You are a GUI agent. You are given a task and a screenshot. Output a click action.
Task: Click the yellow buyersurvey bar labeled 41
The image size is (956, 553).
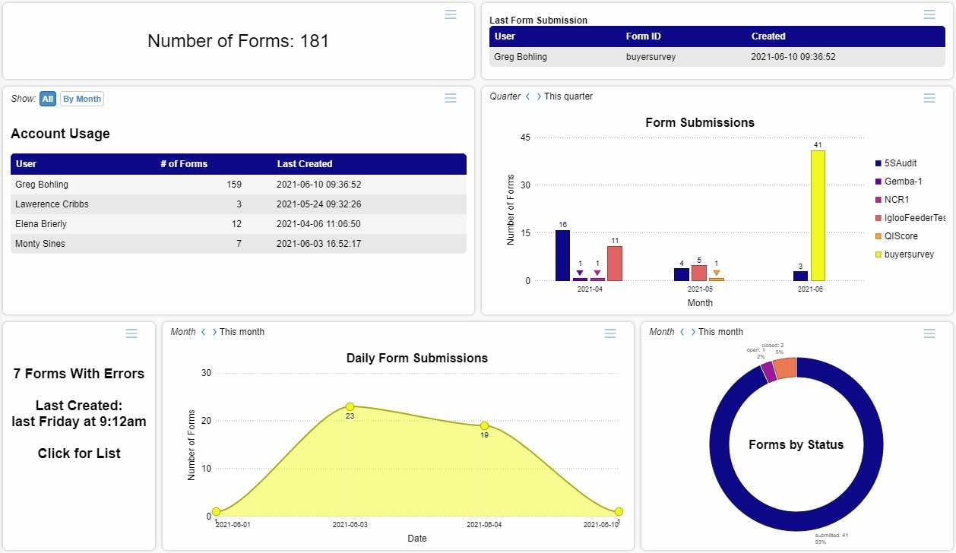tap(818, 216)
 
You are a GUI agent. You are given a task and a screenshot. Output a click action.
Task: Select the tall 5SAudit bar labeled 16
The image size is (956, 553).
tap(562, 255)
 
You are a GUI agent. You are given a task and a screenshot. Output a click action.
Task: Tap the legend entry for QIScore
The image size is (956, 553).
tap(901, 236)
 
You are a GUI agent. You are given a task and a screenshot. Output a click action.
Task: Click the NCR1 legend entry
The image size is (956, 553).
tap(897, 200)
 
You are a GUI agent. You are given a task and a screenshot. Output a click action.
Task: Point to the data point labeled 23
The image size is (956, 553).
tap(350, 407)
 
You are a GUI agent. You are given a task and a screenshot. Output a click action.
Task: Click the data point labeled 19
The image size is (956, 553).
tap(484, 426)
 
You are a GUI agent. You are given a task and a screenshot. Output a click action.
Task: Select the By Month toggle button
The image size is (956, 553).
tap(81, 99)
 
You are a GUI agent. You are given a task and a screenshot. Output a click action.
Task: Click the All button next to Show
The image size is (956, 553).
tap(48, 99)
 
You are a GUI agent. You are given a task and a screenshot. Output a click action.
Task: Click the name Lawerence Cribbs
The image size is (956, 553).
tap(52, 204)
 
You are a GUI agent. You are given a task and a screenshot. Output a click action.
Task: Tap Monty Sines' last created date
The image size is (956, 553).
tap(318, 244)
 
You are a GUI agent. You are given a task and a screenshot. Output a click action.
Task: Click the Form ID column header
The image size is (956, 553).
tap(642, 36)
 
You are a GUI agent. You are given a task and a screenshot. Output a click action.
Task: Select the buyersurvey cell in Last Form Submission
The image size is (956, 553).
tap(651, 57)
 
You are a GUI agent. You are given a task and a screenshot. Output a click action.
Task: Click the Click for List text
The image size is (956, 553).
tap(79, 453)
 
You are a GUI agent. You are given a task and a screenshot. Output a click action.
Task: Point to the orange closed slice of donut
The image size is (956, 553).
tap(785, 368)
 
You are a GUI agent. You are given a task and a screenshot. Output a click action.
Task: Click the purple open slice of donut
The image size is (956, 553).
tap(768, 372)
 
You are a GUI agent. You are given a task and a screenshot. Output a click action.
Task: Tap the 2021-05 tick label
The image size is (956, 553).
tap(700, 289)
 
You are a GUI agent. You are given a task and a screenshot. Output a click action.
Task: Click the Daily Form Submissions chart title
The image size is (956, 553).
tap(417, 358)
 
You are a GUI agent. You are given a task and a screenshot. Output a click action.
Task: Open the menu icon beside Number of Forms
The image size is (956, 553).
tap(451, 14)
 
